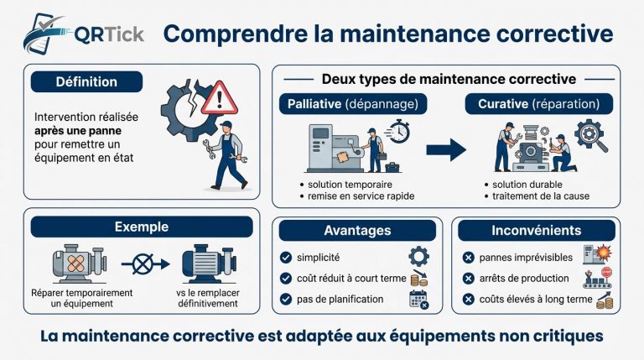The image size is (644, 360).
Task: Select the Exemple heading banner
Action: point(141,227)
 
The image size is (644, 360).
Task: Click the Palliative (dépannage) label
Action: point(353,103)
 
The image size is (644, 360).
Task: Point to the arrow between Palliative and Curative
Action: point(445,150)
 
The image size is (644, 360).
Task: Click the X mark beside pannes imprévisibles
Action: point(466,257)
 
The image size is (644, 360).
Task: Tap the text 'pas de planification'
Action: point(340,299)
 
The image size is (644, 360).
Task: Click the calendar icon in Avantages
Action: point(418,300)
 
